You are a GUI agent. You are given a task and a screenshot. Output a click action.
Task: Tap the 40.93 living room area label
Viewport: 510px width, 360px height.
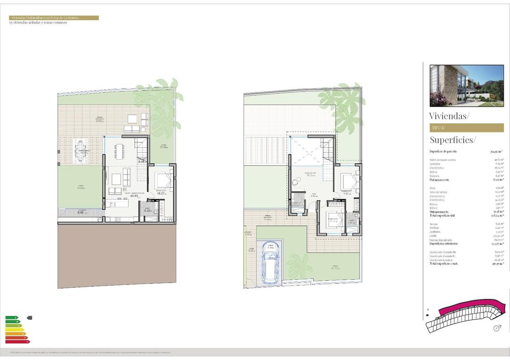click(127, 195)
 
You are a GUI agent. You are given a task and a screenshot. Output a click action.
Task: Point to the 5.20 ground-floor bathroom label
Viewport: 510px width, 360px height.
click(147, 211)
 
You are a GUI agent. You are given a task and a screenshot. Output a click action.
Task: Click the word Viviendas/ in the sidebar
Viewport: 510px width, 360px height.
click(449, 116)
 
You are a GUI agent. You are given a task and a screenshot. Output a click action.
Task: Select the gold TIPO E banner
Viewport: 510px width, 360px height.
click(467, 128)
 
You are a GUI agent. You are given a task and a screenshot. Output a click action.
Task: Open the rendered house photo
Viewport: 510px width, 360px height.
click(467, 85)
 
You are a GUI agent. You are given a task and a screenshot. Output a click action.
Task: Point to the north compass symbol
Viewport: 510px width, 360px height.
click(496, 328)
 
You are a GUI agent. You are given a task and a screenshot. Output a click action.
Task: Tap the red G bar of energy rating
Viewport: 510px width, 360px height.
click(17, 341)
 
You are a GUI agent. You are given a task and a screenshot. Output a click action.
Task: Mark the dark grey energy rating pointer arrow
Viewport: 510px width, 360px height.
click(30, 318)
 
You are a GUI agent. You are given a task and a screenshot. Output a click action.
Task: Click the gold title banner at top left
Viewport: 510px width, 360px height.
click(54, 18)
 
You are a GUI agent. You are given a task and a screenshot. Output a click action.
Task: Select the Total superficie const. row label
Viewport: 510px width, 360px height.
click(443, 264)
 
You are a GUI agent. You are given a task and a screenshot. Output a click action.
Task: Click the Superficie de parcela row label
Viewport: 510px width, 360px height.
click(443, 151)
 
